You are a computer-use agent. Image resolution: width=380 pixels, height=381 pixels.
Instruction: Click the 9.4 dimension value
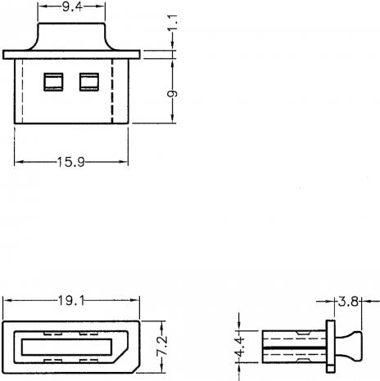click(72, 7)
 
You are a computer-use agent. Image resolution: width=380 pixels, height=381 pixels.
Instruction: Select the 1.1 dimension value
click(173, 22)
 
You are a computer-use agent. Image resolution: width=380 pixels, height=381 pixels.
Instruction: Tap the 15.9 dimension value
click(71, 162)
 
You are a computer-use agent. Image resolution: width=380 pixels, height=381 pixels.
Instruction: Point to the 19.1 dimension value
click(71, 301)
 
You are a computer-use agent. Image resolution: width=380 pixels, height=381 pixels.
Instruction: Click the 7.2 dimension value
click(162, 346)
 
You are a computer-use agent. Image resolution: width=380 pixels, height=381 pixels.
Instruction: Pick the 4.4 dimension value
click(240, 347)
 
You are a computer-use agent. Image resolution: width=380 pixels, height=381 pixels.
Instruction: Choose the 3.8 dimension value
click(348, 302)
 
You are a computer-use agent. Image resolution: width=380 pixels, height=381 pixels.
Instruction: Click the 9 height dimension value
click(173, 94)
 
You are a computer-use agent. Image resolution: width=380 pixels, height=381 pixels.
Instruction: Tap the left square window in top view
click(53, 82)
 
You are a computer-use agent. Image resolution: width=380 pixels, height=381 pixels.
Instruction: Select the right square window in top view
click(89, 82)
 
